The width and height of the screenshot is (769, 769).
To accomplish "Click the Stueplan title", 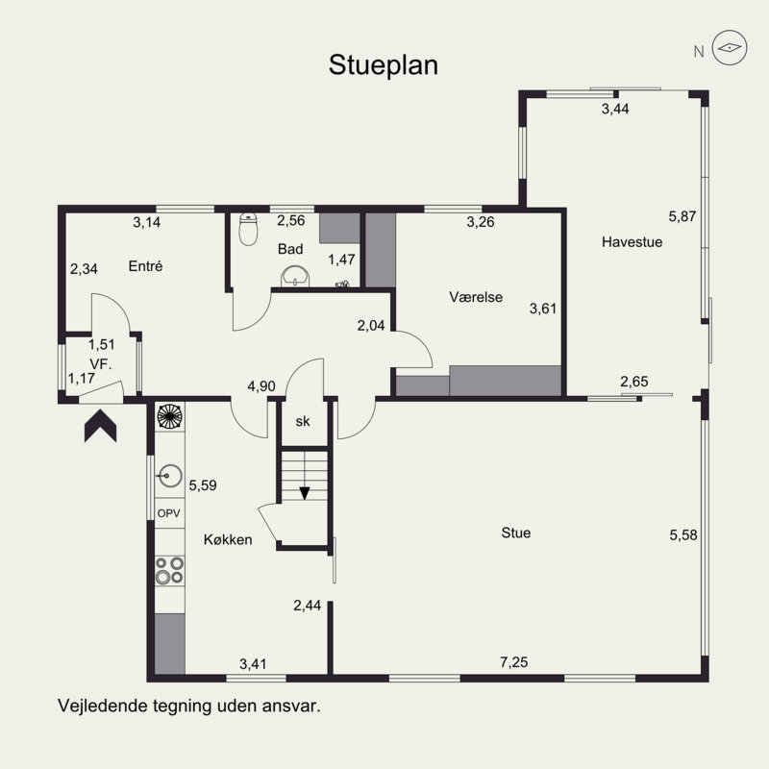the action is pos(383,65).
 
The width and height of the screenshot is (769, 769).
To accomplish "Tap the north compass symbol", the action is pos(730,47).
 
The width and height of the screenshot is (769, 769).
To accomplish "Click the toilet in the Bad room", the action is pos(248,229).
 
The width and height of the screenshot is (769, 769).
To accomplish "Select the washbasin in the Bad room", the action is pos(295,277).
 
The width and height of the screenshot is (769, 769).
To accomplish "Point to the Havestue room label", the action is pos(632,242).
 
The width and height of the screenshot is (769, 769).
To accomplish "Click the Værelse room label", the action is pos(476,297).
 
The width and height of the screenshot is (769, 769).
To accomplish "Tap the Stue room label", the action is pos(516,533).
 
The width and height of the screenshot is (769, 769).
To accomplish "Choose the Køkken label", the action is pos(228,539).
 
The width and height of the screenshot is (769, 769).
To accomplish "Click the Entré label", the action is pos(145,266).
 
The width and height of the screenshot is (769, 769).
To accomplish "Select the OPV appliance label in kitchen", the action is pos(169,513).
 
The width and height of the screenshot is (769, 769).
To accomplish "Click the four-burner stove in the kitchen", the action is pos(170,570).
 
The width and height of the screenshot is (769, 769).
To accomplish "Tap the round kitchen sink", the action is pos(170,476).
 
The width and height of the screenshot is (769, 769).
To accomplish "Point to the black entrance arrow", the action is pos(101,426).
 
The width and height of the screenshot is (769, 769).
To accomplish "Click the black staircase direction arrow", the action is pos(305,493).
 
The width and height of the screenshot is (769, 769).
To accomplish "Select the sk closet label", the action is pos(303,421).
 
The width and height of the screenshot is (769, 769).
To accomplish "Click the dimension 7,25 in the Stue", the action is pos(514,662).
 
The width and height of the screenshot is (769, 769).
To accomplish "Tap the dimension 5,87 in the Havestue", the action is pos(682,216).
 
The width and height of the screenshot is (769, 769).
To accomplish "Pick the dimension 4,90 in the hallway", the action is pos(261,386).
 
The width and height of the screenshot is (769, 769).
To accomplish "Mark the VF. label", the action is pos(101,364).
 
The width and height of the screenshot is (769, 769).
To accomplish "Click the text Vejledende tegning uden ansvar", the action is pos(189,707).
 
